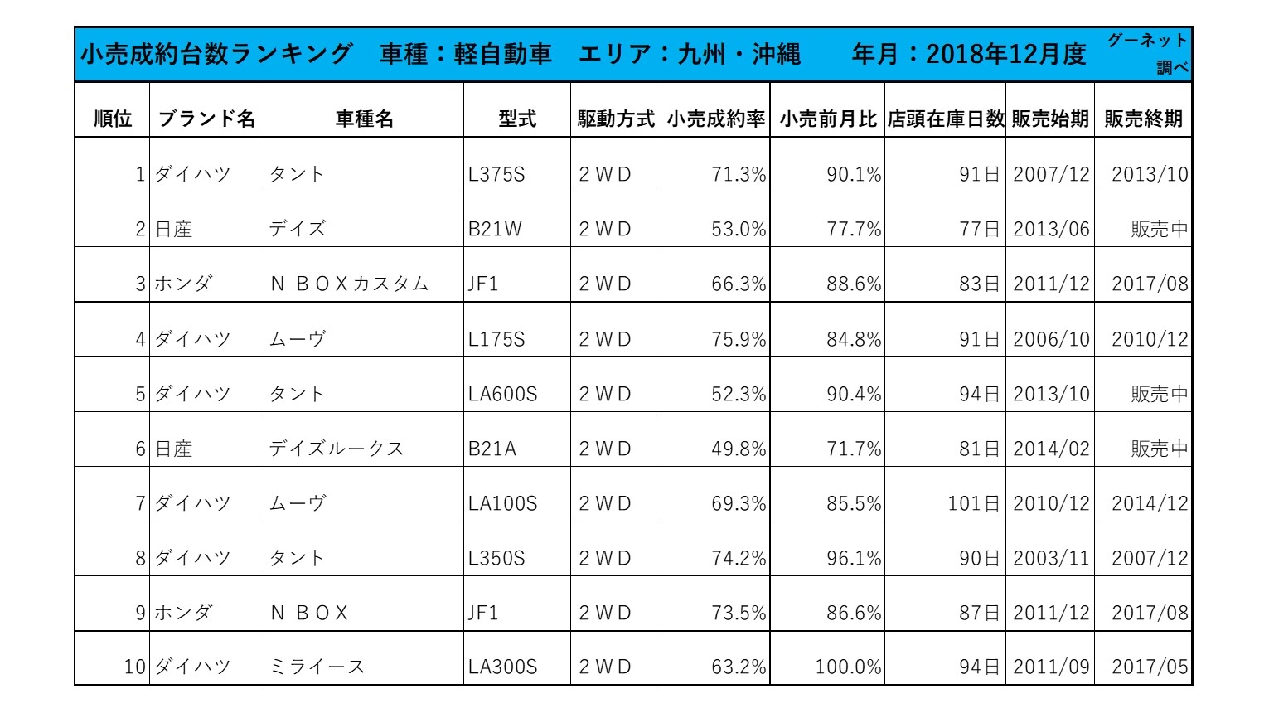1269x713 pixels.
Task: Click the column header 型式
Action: coord(517,119)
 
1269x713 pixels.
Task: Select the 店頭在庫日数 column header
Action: coord(945,119)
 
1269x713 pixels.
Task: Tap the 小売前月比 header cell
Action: coord(827,119)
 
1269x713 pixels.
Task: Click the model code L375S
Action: coord(496,174)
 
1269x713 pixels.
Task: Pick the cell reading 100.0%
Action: coord(848,667)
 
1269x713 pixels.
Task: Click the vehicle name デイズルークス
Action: coord(336,449)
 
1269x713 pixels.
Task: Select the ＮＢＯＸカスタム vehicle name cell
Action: coord(349,284)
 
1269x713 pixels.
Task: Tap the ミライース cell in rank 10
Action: coord(317,667)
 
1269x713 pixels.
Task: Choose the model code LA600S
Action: coord(502,394)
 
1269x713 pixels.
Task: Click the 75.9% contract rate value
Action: coord(738,339)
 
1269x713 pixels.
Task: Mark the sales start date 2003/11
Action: coord(1051,558)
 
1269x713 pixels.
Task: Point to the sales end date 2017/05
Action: coord(1149,667)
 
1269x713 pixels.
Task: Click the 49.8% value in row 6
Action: coord(738,449)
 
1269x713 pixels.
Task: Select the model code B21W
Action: coord(495,229)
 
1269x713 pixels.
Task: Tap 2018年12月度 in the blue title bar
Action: coord(1005,54)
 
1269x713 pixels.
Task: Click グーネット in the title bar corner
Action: coord(1147,41)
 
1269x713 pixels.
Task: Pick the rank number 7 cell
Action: coord(140,503)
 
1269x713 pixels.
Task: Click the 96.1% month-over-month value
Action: coord(853,558)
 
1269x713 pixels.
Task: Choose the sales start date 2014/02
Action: coord(1051,449)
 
